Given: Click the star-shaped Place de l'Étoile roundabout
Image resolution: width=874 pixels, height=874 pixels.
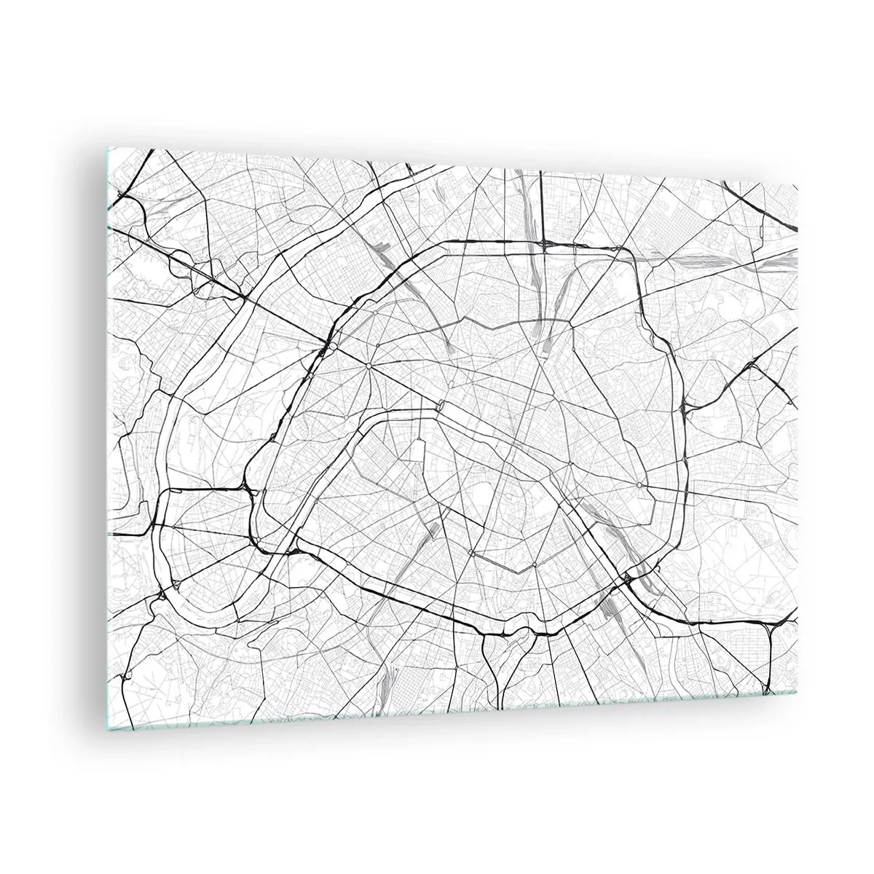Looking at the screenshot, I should pos(369,364).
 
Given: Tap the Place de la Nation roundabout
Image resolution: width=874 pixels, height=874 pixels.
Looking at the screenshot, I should pos(639,484).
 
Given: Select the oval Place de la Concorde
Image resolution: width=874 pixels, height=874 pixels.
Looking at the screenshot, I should pos(441,405).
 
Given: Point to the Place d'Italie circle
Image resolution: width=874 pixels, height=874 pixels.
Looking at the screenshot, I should pos(513,564).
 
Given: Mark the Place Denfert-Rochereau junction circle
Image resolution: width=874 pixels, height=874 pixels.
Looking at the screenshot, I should pos(452,554).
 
